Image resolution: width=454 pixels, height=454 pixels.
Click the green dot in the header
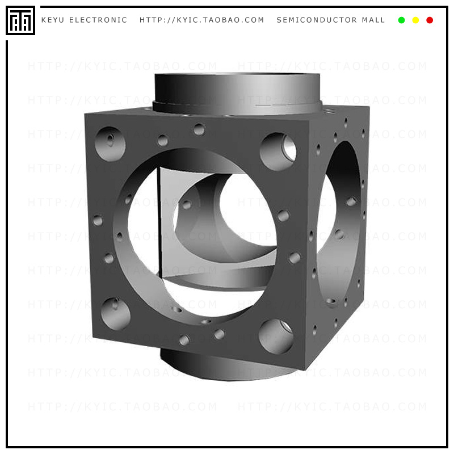[402, 20]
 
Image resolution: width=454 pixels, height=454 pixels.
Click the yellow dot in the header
[415, 20]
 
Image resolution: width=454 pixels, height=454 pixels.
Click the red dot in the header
[430, 20]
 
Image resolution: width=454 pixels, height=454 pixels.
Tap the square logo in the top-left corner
[20, 20]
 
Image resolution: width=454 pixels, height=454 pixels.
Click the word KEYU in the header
[53, 20]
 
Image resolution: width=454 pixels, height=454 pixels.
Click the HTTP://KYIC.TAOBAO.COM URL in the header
[202, 20]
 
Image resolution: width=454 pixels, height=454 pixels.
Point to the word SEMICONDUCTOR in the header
[317, 20]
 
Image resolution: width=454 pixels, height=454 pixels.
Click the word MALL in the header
[373, 20]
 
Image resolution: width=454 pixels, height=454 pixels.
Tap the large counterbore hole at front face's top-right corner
[278, 152]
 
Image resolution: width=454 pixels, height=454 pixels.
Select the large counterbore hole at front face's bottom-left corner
[115, 313]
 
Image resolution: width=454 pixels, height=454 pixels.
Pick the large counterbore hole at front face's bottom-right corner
[276, 336]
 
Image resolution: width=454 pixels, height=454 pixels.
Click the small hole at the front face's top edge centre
[199, 129]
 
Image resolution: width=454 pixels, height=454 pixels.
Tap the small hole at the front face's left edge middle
[98, 220]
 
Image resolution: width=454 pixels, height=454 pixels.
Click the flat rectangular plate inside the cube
[170, 221]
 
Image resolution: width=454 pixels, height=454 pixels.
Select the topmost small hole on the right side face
[346, 121]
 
